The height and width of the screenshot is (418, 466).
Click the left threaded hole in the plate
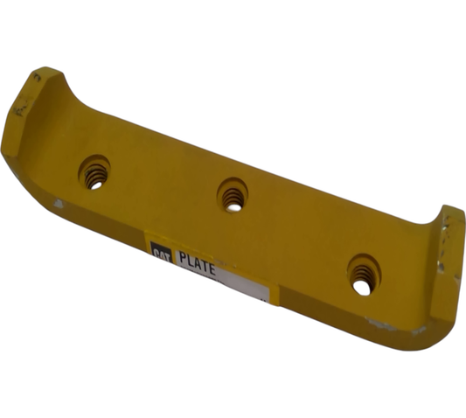pyautogui.click(x=94, y=171)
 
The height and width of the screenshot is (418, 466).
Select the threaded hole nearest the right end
pyautogui.click(x=363, y=275)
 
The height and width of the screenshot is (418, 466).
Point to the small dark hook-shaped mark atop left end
pyautogui.click(x=36, y=78)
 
